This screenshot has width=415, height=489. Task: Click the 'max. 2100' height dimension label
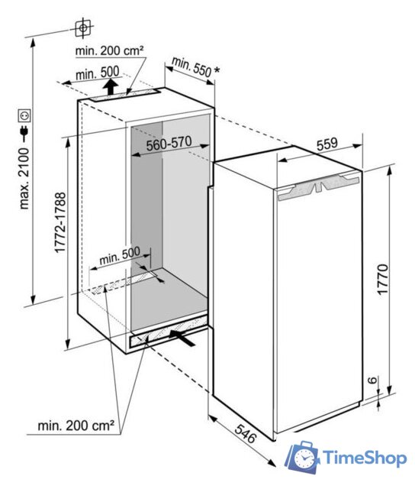[24, 178]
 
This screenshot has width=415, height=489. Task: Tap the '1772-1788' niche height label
[60, 222]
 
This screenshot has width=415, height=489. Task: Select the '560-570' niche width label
[169, 144]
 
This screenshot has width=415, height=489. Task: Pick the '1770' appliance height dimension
[382, 279]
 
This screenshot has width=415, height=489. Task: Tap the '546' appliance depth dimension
[246, 433]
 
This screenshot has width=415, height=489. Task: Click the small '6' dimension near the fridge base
[372, 381]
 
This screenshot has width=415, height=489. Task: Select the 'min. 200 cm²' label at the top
[110, 50]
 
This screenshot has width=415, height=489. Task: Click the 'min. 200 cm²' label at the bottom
[76, 426]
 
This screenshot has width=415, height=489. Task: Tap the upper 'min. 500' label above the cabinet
[98, 73]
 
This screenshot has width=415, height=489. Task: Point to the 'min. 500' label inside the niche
[120, 255]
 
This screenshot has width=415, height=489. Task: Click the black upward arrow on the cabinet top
[111, 87]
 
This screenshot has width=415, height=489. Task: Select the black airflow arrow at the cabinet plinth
[182, 338]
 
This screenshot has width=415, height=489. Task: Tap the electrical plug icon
[24, 131]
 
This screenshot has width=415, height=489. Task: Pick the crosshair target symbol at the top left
[83, 28]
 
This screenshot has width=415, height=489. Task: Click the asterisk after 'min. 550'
[217, 70]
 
